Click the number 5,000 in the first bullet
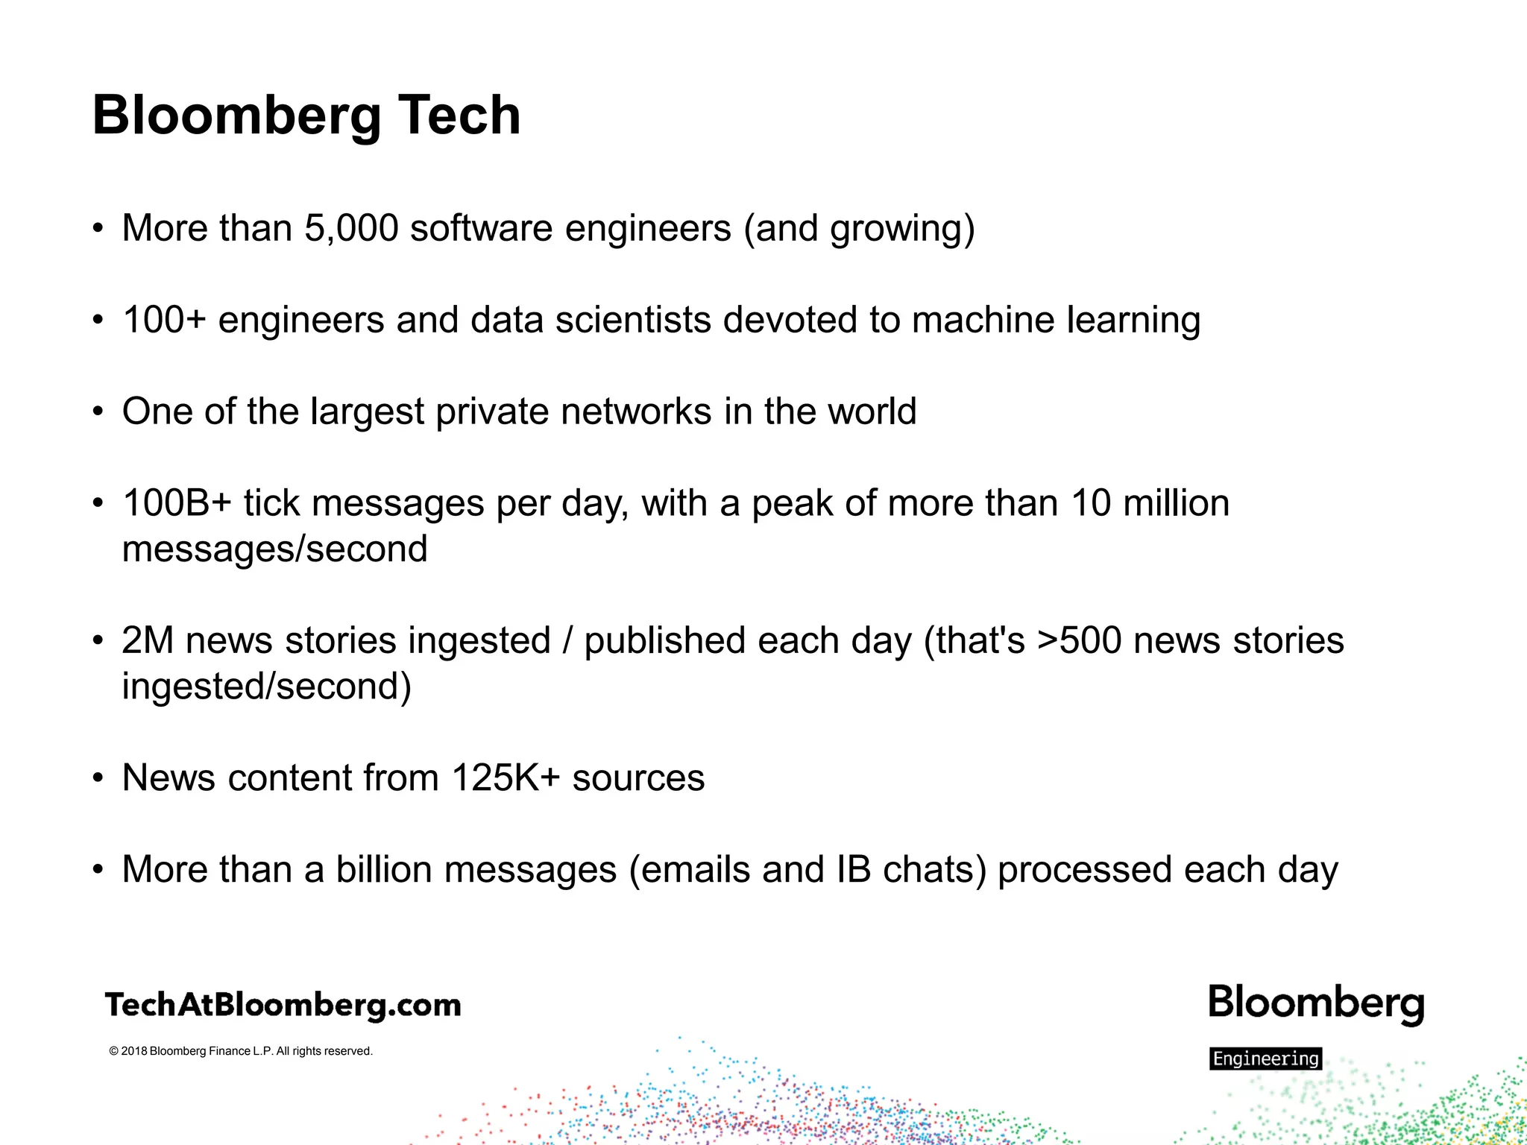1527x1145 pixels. (x=351, y=228)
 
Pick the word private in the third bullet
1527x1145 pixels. (x=491, y=412)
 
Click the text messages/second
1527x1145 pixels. (x=274, y=549)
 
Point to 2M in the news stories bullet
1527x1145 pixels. (x=148, y=641)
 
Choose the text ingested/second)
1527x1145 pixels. (x=266, y=687)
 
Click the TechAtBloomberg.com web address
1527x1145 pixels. (x=283, y=1005)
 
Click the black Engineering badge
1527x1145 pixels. (x=1265, y=1059)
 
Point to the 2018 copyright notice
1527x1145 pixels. (x=240, y=1051)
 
